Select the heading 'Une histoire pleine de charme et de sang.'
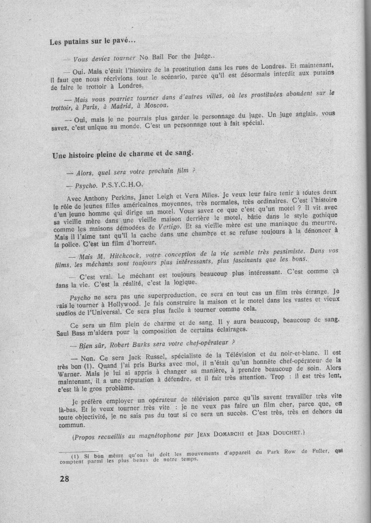pyautogui.click(x=123, y=155)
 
